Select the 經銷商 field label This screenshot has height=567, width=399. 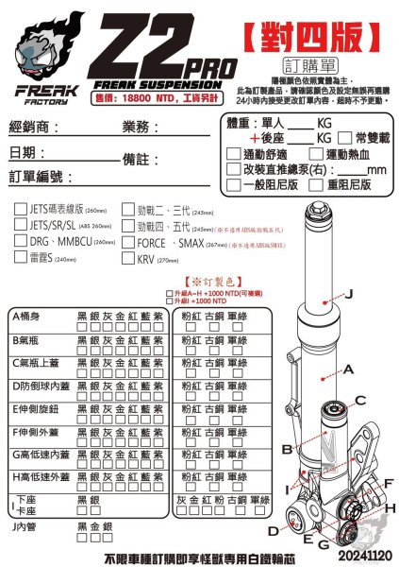35,127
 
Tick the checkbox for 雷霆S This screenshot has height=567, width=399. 21,258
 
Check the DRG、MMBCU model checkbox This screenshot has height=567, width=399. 21,242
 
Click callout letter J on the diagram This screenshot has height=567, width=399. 350,294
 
